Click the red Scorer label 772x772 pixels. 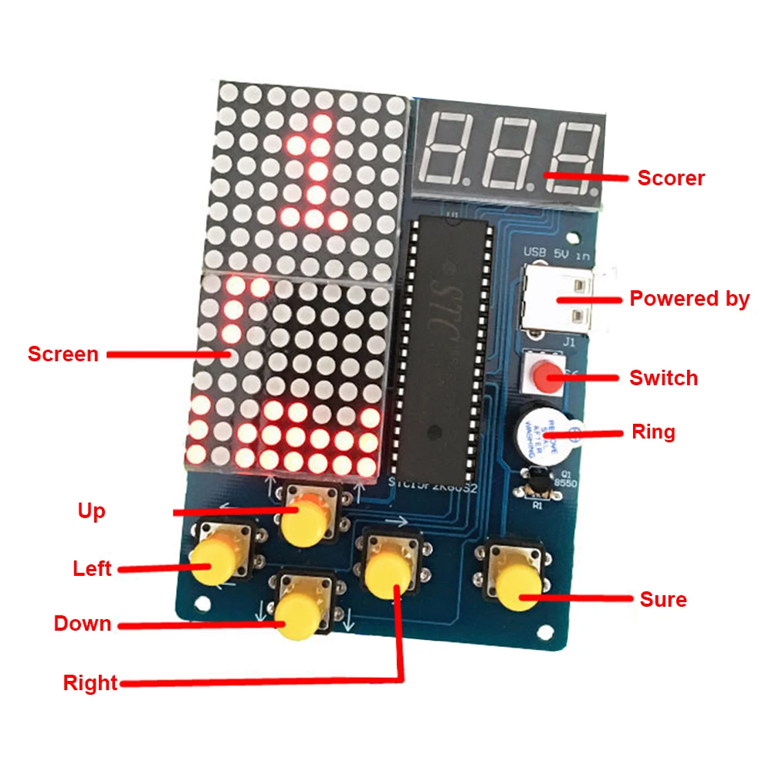(x=671, y=178)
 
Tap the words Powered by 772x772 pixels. (x=689, y=299)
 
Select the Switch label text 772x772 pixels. (x=663, y=378)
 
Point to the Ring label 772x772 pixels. (x=653, y=432)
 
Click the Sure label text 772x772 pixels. (x=663, y=599)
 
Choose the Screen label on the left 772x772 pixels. (x=63, y=354)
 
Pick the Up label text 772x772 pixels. (x=91, y=511)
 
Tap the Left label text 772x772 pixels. (x=92, y=569)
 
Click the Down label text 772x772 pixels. (x=83, y=624)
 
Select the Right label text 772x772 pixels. (x=90, y=682)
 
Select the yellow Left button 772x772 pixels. (x=212, y=561)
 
